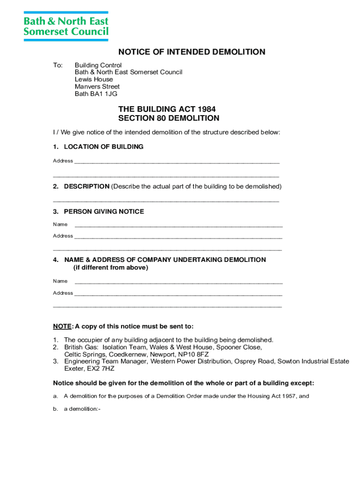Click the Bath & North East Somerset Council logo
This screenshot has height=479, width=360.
[66, 26]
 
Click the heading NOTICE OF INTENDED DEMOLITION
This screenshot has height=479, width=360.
[192, 52]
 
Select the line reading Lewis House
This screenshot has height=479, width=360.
[94, 79]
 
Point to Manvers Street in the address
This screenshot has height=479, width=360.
[97, 87]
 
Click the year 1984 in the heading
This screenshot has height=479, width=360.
[206, 109]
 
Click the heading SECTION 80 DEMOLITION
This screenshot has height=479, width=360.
[168, 118]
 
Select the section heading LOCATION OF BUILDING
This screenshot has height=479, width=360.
[103, 147]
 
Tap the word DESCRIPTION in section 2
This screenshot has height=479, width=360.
[86, 186]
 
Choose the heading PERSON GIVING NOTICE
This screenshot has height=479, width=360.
[104, 211]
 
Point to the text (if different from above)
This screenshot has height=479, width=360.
[110, 268]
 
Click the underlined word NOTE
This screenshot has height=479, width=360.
[62, 326]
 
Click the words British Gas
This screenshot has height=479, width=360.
[81, 347]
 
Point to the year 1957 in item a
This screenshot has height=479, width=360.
[288, 396]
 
